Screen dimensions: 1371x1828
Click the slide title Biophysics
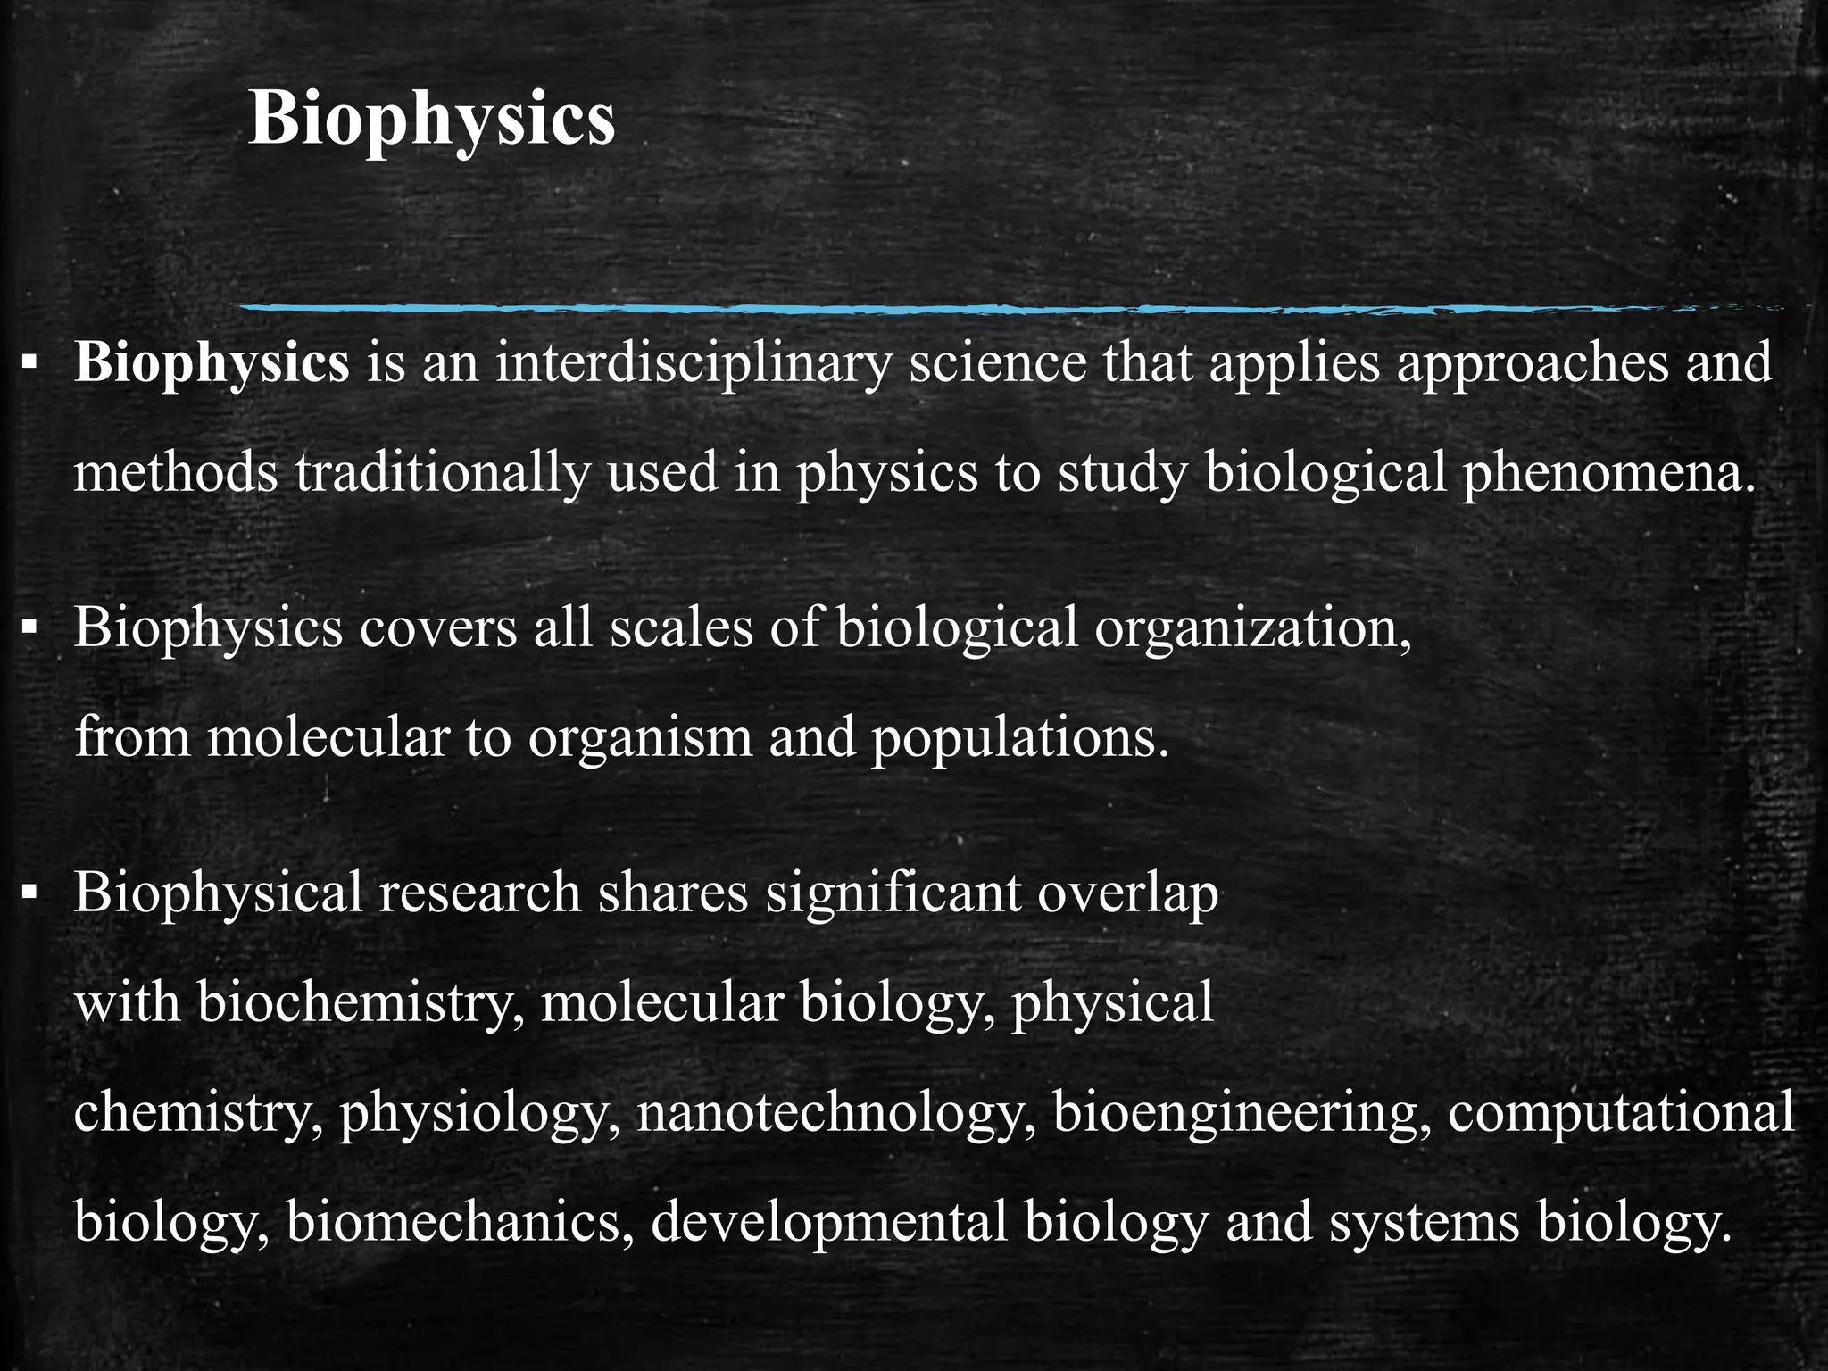pos(431,120)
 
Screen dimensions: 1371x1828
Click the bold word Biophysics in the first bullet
pos(212,363)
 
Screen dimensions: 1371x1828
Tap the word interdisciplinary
pos(694,363)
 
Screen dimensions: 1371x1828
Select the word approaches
pos(1532,363)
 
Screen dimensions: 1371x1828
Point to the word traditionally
pos(442,472)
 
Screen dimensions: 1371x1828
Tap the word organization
pos(1252,627)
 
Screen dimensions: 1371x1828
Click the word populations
pos(1019,737)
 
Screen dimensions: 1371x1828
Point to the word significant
pos(893,892)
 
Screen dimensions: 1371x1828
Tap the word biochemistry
pos(361,1001)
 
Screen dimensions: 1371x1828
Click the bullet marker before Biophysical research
pos(29,892)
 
